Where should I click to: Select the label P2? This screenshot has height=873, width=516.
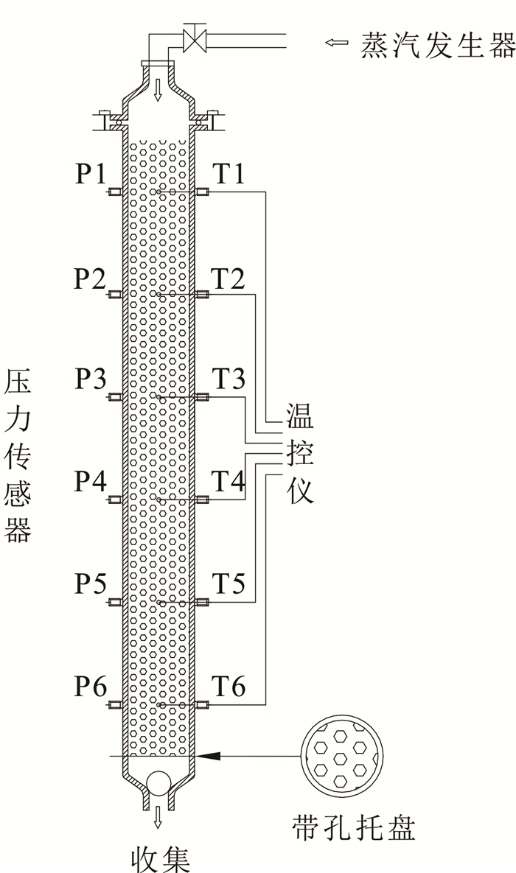point(91,278)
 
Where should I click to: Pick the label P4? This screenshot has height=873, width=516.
point(91,483)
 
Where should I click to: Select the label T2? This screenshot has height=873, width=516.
point(229,278)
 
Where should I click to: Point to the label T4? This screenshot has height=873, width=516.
point(229,483)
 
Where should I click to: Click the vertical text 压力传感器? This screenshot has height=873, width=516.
point(18,457)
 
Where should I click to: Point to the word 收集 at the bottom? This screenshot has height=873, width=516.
point(160,858)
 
